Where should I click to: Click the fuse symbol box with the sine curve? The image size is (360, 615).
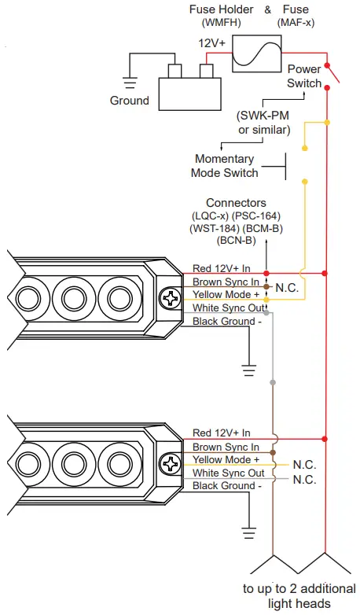[257, 53]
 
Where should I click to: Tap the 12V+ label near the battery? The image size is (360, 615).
[211, 42]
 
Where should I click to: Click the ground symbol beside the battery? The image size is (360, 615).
[130, 83]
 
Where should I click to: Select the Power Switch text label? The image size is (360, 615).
[304, 76]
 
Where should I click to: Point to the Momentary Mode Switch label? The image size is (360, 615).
[225, 165]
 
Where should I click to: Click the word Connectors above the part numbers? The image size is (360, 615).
[236, 203]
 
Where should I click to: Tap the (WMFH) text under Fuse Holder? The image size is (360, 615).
[221, 23]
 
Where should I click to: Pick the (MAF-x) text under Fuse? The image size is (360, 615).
[296, 23]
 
